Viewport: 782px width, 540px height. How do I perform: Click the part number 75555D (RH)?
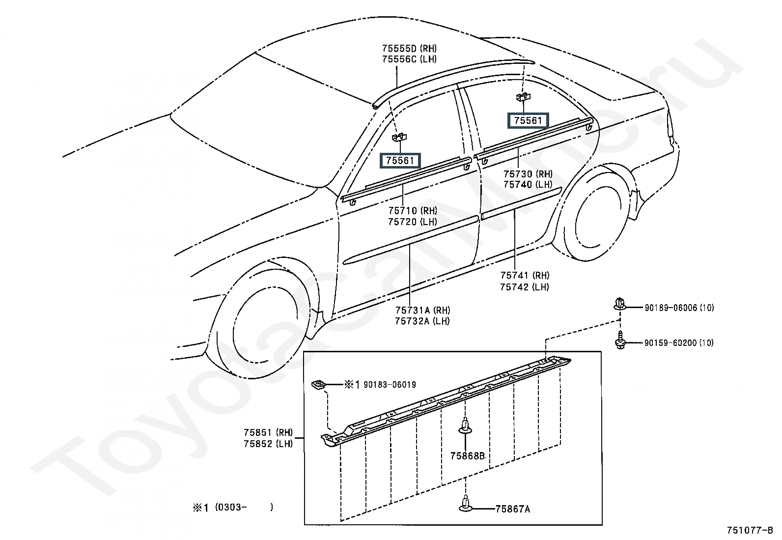coord(409,48)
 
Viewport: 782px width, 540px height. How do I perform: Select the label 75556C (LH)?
coord(409,59)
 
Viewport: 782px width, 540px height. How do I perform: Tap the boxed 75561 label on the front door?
coord(400,161)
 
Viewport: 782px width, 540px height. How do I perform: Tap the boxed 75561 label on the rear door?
coord(528,120)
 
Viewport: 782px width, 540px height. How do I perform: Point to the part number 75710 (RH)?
coord(413,211)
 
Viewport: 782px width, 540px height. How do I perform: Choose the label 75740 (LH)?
coord(528,184)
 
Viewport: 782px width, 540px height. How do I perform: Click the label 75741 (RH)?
coord(525,275)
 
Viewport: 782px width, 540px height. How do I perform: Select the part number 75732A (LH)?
coord(422,321)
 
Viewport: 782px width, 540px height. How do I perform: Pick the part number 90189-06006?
coord(670,308)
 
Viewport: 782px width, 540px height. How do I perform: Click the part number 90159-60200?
coord(670,342)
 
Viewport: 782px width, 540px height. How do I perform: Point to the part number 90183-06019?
coord(390,385)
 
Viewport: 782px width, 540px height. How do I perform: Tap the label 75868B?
coord(468,456)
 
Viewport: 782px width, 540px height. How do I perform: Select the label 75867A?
coord(512,509)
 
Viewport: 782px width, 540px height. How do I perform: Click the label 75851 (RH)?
coord(268,432)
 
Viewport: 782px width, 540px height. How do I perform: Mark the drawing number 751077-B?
coord(750,530)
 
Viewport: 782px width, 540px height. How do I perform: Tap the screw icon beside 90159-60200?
coord(620,340)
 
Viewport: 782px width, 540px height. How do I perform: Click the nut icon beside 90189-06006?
coord(620,304)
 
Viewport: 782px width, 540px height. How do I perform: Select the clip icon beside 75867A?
coord(465,503)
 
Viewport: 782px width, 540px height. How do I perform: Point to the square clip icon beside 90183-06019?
coord(318,385)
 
